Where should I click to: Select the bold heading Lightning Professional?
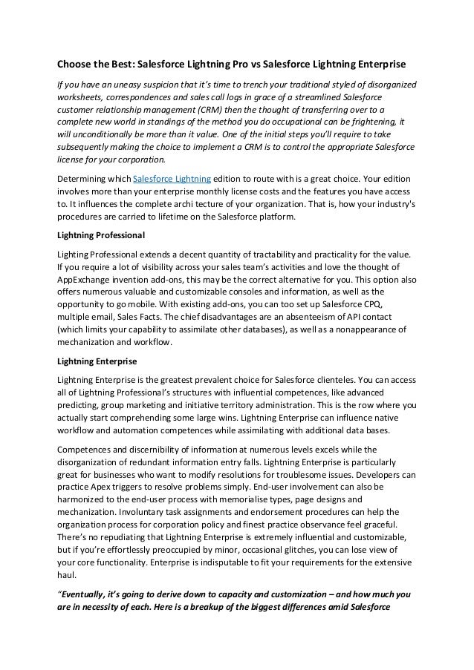(101, 235)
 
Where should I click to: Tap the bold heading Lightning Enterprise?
(97, 361)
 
